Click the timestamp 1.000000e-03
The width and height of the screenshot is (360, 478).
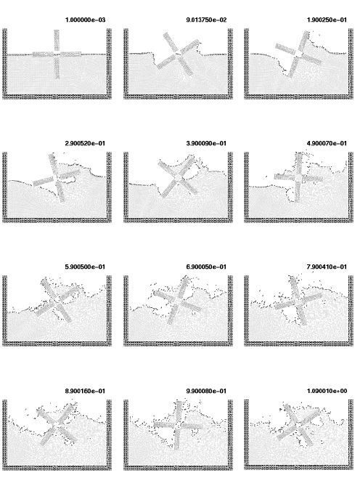coord(85,20)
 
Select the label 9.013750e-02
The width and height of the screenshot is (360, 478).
coord(206,20)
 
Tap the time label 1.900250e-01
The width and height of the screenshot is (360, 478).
coord(327,20)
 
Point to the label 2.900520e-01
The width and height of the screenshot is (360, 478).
coord(85,143)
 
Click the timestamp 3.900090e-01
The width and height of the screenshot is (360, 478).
coord(206,143)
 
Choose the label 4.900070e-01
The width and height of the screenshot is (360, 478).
coord(327,143)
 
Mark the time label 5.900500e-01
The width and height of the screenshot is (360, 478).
coord(85,267)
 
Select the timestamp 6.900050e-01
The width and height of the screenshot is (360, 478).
coord(206,267)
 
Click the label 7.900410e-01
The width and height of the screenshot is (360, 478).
coord(327,267)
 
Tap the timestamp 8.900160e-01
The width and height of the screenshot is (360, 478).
coord(85,391)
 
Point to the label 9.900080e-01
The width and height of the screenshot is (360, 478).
coord(206,391)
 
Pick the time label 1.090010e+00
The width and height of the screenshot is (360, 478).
coord(327,391)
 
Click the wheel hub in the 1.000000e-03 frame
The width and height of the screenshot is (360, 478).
coord(57,54)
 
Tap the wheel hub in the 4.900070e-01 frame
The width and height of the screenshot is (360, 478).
coord(298,177)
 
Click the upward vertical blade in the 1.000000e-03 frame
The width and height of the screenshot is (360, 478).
coord(57,40)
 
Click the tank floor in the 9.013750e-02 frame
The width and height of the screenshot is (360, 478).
coord(178,97)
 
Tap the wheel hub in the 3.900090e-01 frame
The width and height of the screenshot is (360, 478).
coord(178,177)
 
